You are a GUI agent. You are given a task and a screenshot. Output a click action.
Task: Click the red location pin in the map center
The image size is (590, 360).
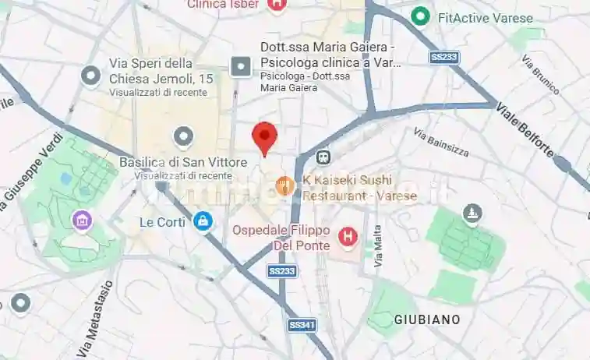265,138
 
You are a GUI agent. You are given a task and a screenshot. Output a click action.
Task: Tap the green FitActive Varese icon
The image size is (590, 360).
422,16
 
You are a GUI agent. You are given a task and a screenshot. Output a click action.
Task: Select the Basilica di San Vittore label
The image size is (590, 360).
183,162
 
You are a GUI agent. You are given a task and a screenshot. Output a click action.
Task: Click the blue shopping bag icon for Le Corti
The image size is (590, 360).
203,221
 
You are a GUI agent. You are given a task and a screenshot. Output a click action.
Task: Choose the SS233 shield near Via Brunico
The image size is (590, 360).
443,57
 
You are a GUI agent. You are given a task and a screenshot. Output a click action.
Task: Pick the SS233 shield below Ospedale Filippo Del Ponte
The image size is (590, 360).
281,270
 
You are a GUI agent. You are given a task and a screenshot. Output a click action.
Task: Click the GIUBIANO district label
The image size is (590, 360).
426,319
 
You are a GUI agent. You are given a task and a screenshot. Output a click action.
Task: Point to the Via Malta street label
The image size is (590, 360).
378,246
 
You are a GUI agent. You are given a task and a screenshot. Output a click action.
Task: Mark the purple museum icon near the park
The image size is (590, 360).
82,221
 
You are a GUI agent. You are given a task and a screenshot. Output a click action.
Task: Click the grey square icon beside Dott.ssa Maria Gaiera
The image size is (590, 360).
242,66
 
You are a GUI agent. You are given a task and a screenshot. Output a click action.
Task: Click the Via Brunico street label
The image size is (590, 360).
541,76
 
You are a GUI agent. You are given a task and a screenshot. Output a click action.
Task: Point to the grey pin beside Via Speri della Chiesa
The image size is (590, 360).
92,76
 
